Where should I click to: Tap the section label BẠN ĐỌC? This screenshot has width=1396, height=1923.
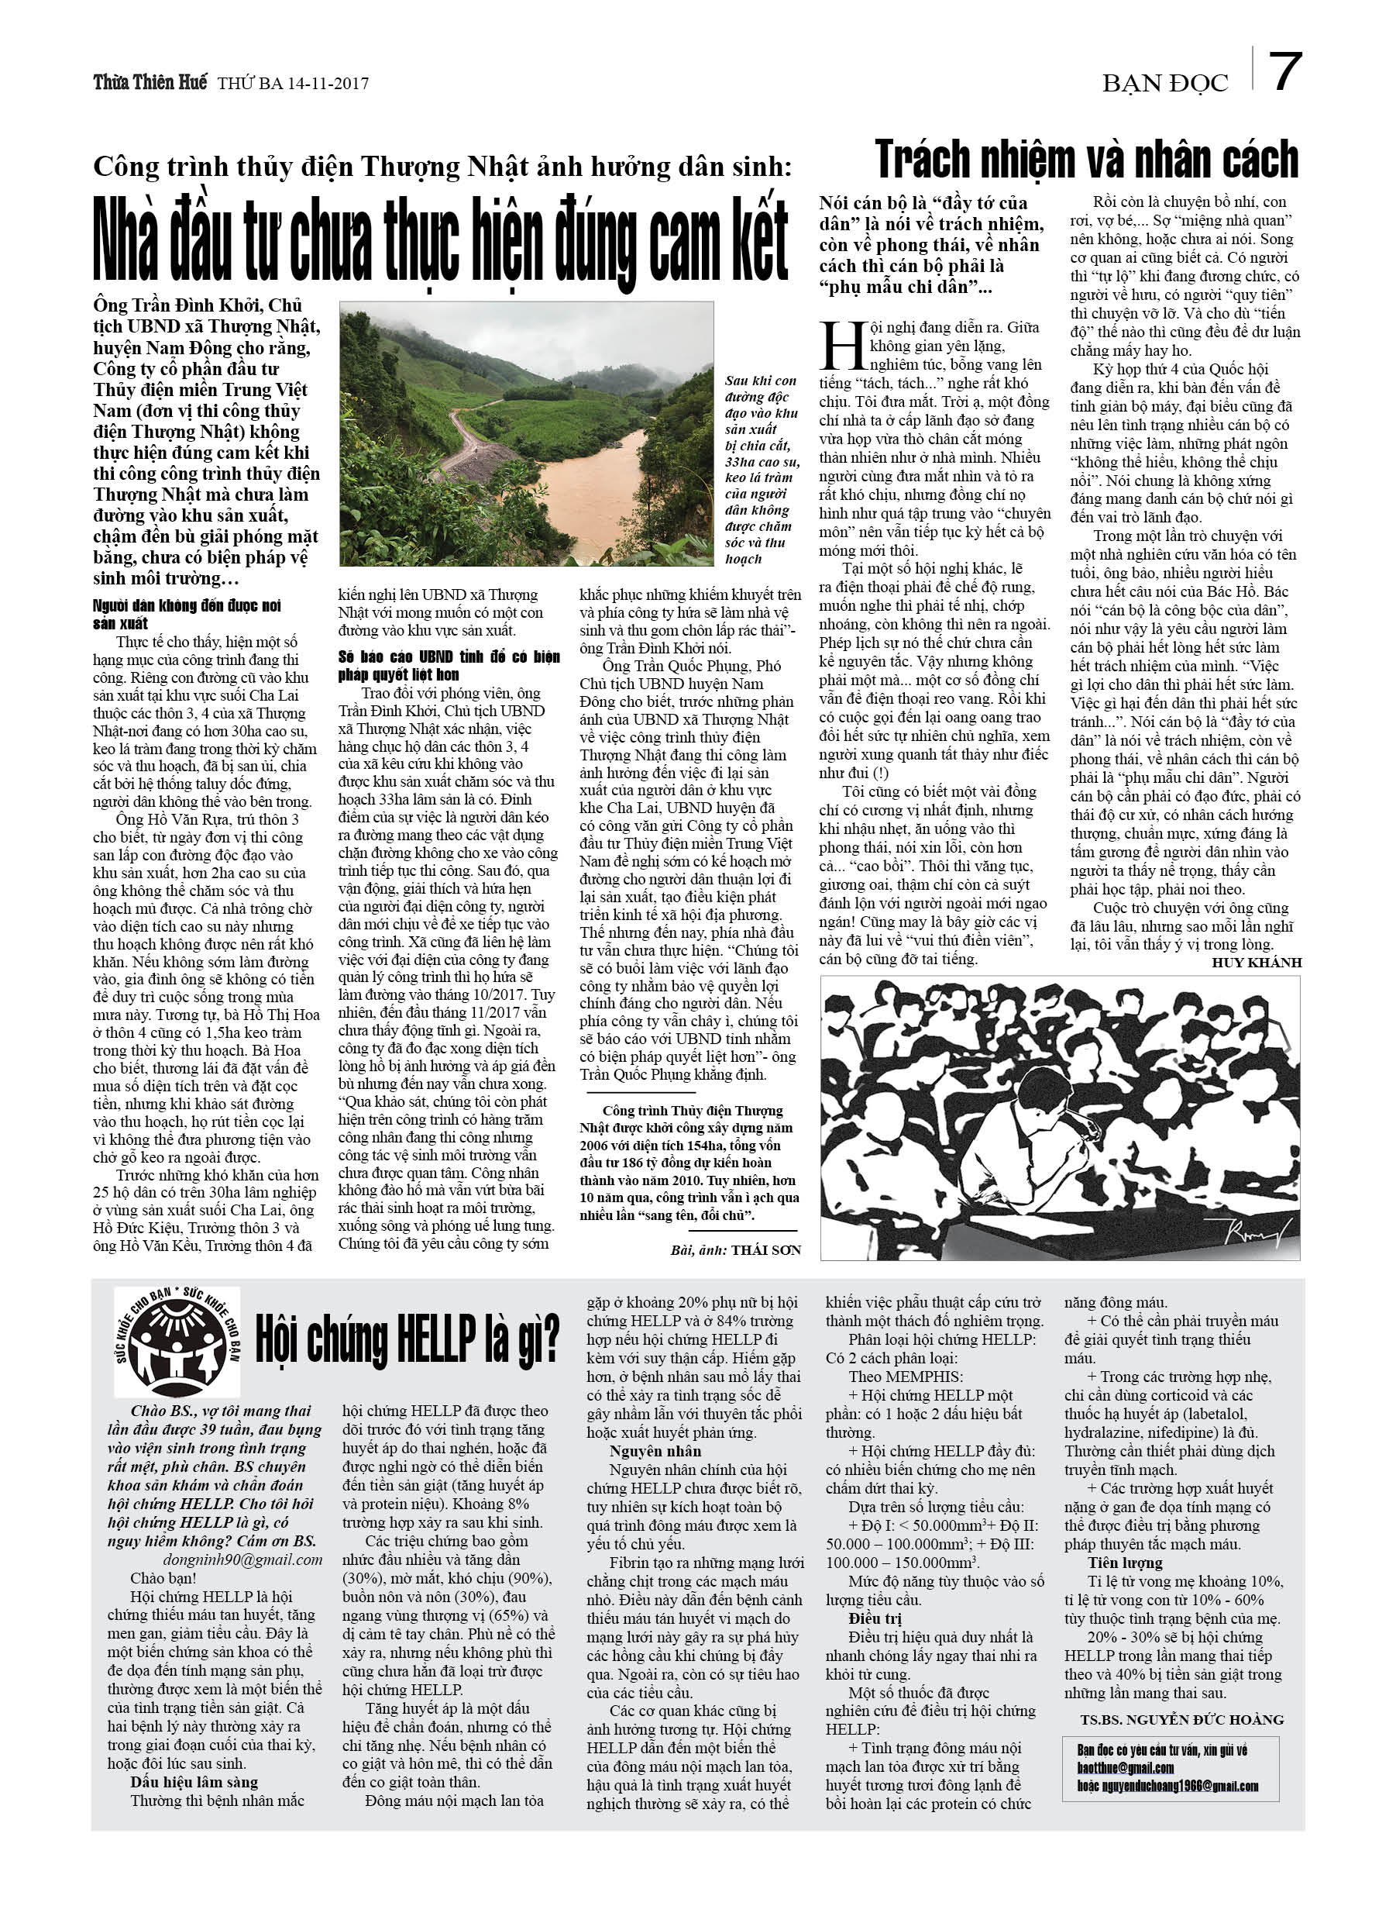pos(1164,83)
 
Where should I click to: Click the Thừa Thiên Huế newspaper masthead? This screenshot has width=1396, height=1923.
pos(150,82)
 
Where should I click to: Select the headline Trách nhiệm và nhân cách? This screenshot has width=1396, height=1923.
pos(1086,160)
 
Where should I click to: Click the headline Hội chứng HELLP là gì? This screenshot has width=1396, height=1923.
pos(407,1339)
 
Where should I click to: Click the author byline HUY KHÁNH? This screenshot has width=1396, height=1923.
pos(1256,963)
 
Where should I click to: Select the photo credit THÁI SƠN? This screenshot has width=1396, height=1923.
pos(765,1249)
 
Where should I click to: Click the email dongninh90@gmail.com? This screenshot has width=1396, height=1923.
pos(242,1559)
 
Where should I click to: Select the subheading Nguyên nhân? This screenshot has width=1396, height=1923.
pos(655,1451)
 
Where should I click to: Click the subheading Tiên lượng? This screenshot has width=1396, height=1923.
pos(1125,1563)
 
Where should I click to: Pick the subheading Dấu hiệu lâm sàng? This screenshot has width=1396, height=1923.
pos(194,1782)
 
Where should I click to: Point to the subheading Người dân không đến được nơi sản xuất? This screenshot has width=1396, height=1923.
pos(187,614)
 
